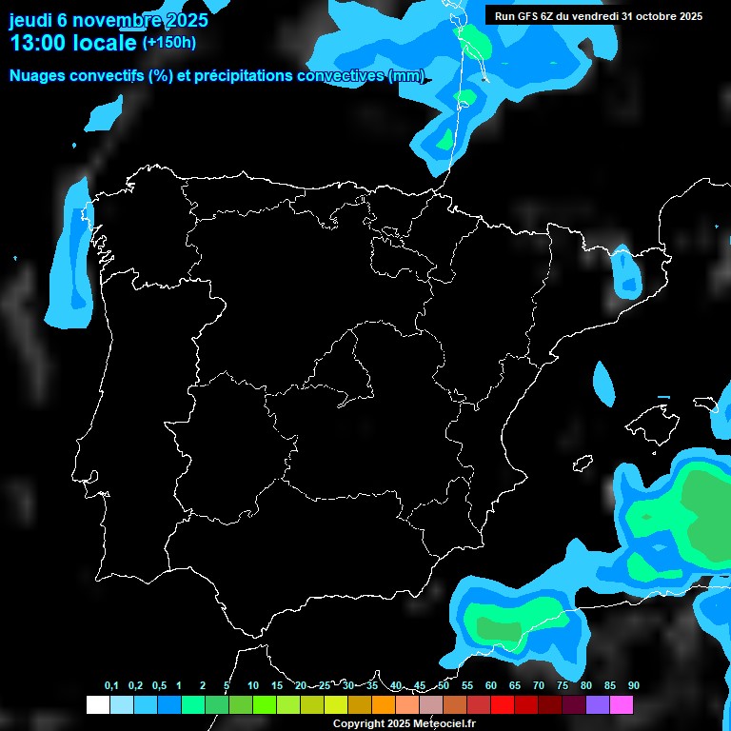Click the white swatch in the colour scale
tap(97, 705)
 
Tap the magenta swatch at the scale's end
tap(622, 705)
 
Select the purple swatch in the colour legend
tap(598, 705)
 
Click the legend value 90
tap(634, 686)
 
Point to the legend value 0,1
tap(111, 686)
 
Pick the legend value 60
tap(491, 686)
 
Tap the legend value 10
tap(253, 686)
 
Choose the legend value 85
tap(610, 686)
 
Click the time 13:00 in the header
tap(41, 43)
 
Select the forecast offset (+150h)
tap(168, 43)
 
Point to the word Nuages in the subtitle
tap(39, 76)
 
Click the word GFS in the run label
tap(528, 15)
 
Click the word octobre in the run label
tap(648, 15)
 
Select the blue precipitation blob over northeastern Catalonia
tap(626, 273)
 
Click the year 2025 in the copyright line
tap(395, 723)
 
